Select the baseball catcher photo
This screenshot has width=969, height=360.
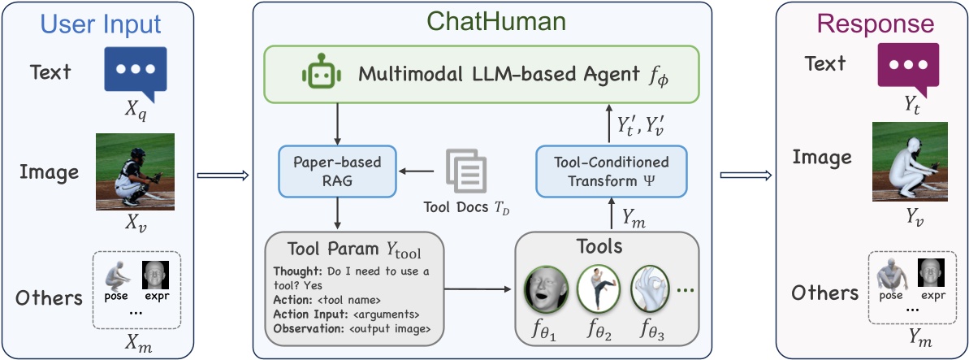[x=135, y=172]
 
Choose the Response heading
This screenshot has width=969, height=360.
[x=871, y=24]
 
